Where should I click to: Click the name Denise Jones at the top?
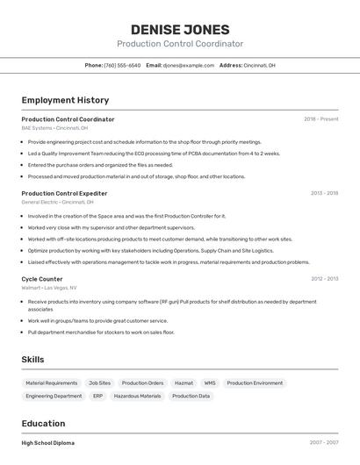click(x=180, y=29)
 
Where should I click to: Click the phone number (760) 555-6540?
click(x=122, y=65)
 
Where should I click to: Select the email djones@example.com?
click(x=188, y=65)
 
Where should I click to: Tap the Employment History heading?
click(x=65, y=100)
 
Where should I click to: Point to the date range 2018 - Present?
click(x=320, y=118)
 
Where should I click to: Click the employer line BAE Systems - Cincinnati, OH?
click(x=54, y=128)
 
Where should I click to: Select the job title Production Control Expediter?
click(x=64, y=193)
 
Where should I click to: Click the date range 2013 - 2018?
click(x=324, y=193)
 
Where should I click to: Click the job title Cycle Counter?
click(x=42, y=279)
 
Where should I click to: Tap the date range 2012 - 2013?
click(x=324, y=279)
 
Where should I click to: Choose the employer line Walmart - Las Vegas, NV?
click(x=49, y=288)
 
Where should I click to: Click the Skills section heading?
click(x=32, y=359)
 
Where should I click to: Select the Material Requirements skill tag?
click(x=52, y=383)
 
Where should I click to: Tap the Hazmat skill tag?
click(x=184, y=383)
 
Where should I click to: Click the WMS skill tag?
click(x=210, y=383)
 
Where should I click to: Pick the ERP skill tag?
click(x=97, y=397)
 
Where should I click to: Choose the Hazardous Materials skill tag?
click(x=138, y=397)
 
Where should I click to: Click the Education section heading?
click(x=43, y=423)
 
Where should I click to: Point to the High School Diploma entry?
click(x=48, y=443)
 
